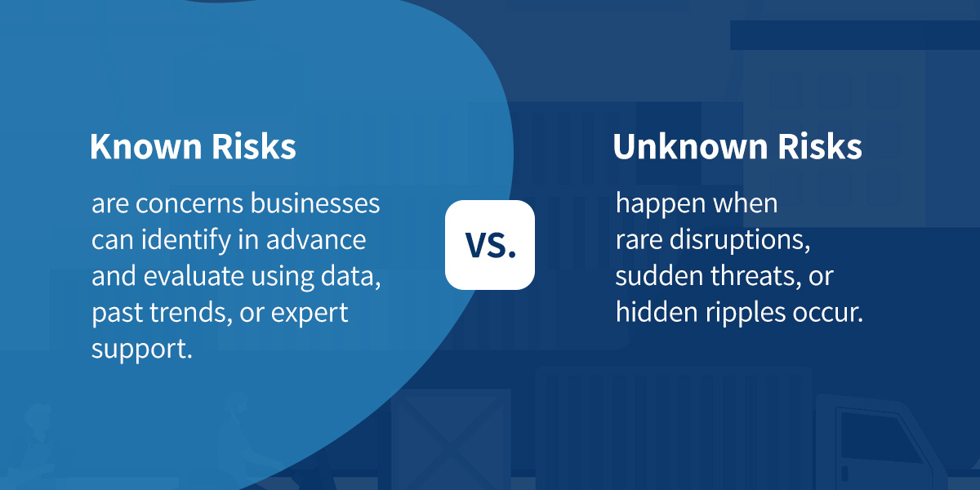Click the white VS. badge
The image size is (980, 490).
[x=489, y=245]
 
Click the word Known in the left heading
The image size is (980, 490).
[x=145, y=146]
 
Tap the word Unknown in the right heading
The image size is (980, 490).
[x=690, y=146]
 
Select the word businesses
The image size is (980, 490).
[x=315, y=203]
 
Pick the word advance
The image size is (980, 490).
[x=316, y=240]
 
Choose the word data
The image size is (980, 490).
[x=350, y=277]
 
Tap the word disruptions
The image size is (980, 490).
[x=740, y=241]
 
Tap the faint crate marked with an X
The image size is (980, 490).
[x=451, y=439]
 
